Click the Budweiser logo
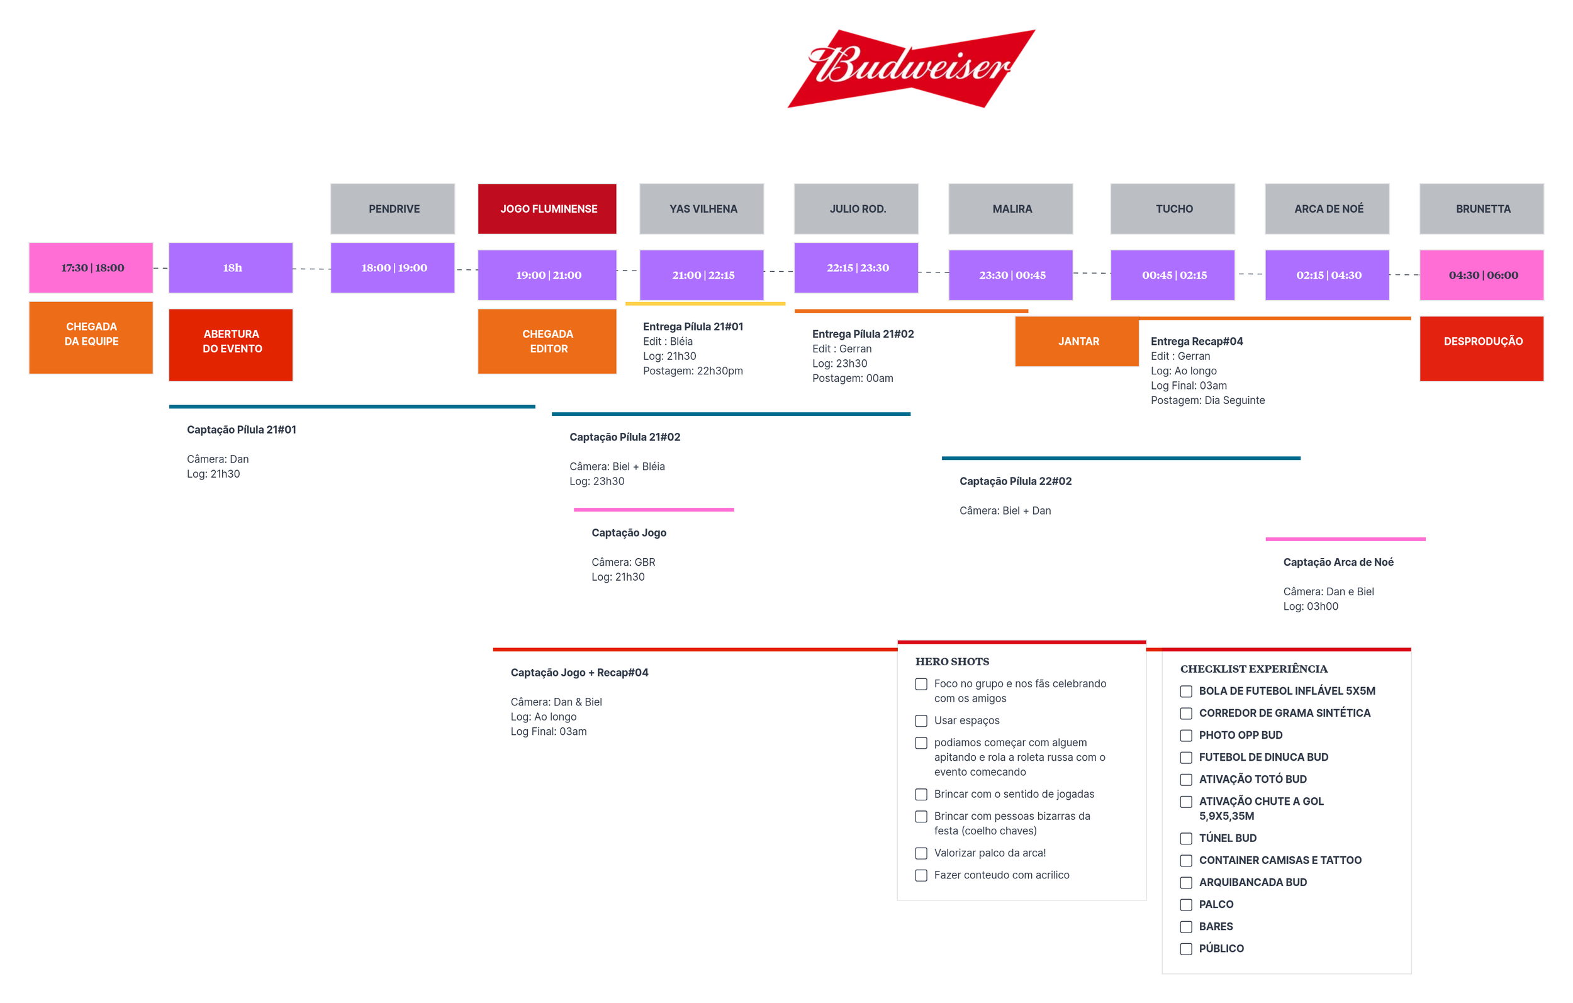pos(910,68)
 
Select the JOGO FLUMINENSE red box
pos(547,208)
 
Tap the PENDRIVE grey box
pos(393,208)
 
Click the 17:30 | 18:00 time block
pos(91,268)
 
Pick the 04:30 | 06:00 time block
pos(1482,275)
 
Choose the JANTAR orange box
pos(1077,341)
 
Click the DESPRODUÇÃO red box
pos(1482,347)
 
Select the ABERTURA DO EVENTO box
pos(230,344)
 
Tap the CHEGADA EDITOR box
pos(547,341)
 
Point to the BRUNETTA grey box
pos(1482,208)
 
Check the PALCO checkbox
pos(1186,905)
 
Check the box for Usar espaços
pos(921,720)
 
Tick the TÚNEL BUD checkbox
pos(1186,838)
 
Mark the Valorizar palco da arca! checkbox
pos(921,853)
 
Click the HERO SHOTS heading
pos(952,661)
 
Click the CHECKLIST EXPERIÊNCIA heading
pos(1253,668)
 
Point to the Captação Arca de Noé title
pos(1338,562)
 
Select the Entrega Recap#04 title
pos(1196,341)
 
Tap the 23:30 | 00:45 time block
pos(1010,275)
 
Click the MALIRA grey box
pos(1010,208)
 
